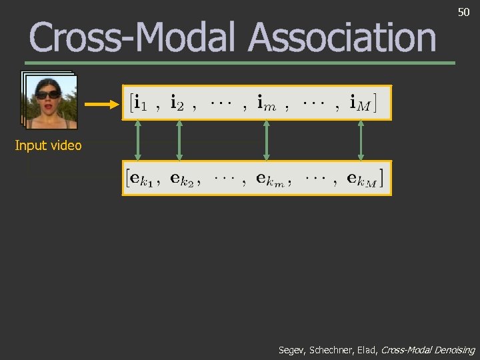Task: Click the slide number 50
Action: coord(463,13)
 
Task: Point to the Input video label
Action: coord(48,145)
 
